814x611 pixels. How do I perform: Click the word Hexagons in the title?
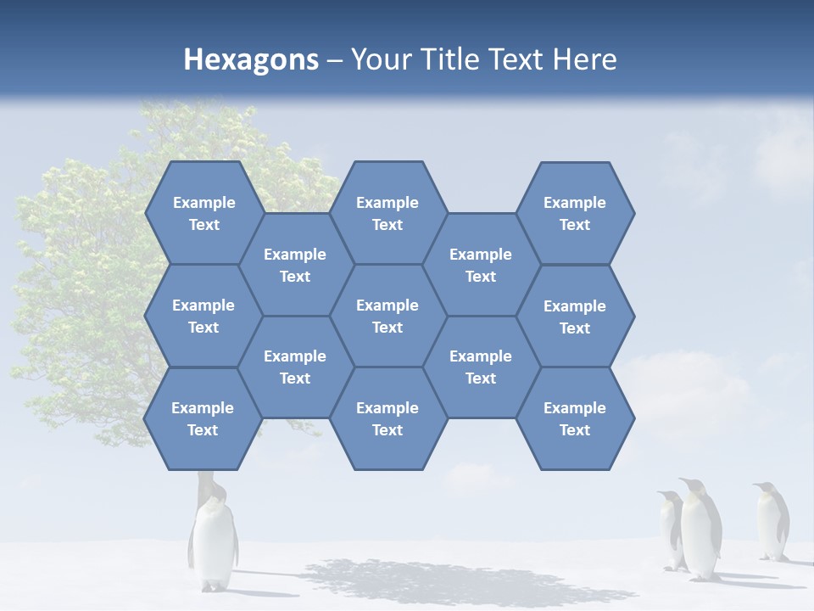pyautogui.click(x=251, y=59)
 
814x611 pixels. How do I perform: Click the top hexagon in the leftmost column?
pyautogui.click(x=203, y=213)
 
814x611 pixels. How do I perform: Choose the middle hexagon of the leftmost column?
pyautogui.click(x=203, y=316)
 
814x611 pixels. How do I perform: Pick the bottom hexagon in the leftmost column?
pyautogui.click(x=203, y=418)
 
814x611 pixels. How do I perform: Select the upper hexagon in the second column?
pyautogui.click(x=295, y=265)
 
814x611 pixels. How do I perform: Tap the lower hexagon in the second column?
pyautogui.click(x=295, y=367)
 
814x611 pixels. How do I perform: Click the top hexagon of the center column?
pyautogui.click(x=387, y=213)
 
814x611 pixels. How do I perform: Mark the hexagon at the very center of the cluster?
pyautogui.click(x=387, y=316)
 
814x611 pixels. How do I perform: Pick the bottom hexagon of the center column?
pyautogui.click(x=387, y=418)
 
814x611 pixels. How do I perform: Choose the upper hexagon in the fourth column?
pyautogui.click(x=481, y=265)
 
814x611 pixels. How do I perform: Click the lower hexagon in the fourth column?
pyautogui.click(x=481, y=367)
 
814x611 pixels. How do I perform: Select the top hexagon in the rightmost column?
pyautogui.click(x=575, y=213)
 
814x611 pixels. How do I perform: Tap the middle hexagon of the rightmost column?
pyautogui.click(x=575, y=317)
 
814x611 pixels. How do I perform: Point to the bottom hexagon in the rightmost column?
pyautogui.click(x=575, y=418)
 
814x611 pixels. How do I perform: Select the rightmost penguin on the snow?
pyautogui.click(x=772, y=521)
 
